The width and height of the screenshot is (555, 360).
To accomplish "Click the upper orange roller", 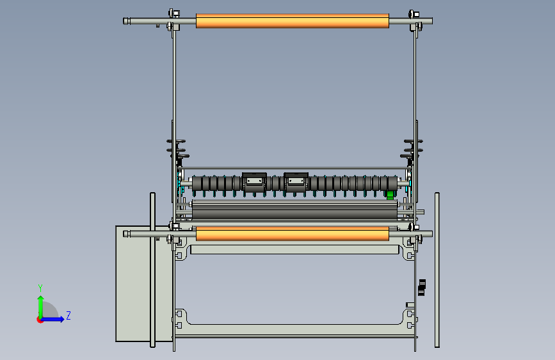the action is click(x=292, y=21).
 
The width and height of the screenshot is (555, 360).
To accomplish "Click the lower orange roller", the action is click(x=292, y=234).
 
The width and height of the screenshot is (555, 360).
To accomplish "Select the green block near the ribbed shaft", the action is click(x=389, y=195).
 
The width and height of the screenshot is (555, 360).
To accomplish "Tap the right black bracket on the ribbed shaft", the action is click(x=296, y=181).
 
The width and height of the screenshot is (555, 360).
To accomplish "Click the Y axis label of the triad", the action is click(x=40, y=288).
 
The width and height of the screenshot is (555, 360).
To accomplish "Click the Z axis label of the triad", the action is click(x=68, y=316).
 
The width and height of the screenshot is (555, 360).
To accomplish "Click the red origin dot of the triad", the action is click(x=40, y=319).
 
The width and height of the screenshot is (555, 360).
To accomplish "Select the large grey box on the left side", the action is click(x=132, y=283).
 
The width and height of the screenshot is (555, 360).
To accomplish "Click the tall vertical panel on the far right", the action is click(x=437, y=269).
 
